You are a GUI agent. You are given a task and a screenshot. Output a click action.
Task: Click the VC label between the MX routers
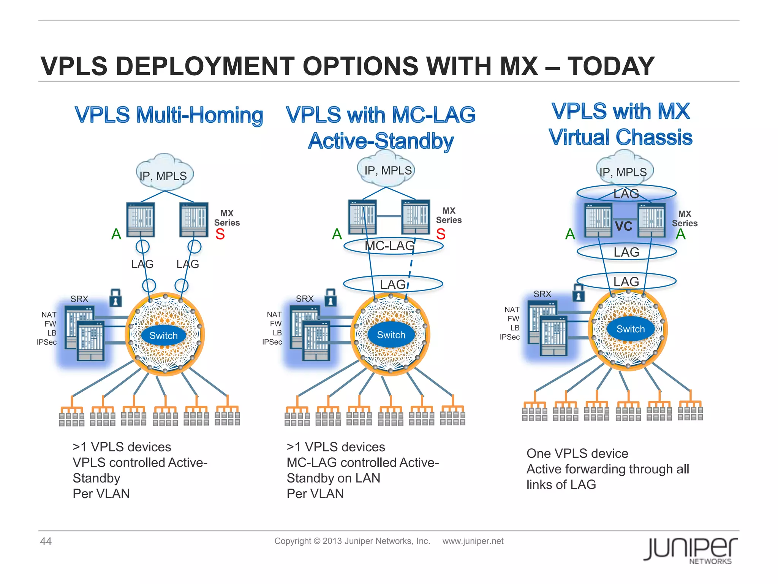click(623, 226)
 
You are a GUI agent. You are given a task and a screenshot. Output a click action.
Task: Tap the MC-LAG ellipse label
click(390, 246)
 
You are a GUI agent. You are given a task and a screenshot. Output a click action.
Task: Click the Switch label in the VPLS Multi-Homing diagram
click(163, 335)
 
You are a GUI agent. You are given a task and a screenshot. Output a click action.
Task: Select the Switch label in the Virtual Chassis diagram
click(631, 329)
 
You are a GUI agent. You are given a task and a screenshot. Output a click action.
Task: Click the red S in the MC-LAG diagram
click(441, 234)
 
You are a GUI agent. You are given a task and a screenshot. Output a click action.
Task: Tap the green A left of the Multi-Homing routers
click(116, 234)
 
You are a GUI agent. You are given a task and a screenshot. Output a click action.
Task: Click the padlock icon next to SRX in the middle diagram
click(330, 297)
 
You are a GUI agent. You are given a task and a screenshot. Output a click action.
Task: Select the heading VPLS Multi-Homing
click(169, 115)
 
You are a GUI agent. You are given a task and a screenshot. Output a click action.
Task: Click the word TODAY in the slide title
click(611, 66)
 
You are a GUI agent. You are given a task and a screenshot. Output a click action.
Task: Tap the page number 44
click(46, 541)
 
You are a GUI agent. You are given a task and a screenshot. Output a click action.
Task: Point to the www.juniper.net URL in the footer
click(473, 541)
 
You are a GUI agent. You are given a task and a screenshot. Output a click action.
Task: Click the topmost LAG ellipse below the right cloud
click(626, 194)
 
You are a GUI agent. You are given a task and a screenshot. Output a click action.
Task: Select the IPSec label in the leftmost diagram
click(47, 342)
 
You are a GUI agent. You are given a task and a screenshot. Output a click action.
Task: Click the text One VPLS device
click(577, 453)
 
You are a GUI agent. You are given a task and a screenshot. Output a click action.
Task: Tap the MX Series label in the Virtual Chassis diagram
click(685, 219)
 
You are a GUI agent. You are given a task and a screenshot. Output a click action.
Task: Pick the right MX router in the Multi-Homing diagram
click(194, 220)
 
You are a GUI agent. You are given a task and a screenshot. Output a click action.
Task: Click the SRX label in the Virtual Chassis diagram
click(542, 294)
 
